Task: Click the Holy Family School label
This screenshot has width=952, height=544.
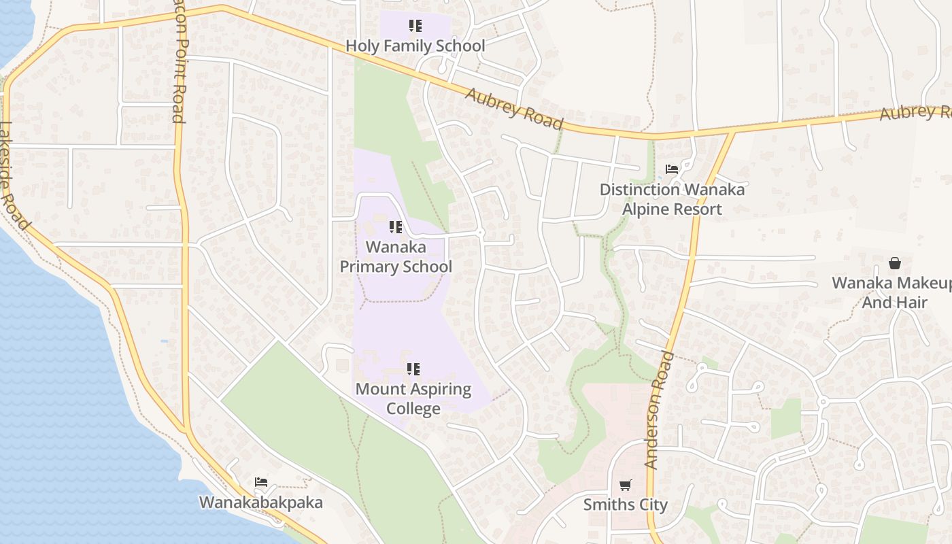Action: tap(415, 46)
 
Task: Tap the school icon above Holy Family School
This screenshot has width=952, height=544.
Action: tap(415, 27)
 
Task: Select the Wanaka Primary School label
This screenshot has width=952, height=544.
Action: tap(396, 256)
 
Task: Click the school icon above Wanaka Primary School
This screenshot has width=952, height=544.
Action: tap(396, 227)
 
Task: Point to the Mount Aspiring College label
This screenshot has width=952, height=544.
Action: tap(413, 398)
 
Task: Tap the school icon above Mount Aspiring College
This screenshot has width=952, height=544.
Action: tap(413, 369)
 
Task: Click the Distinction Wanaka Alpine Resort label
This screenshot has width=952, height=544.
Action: tap(672, 199)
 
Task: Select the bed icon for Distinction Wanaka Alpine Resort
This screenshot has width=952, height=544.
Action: tap(672, 169)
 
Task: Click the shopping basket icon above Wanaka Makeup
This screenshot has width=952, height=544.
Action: tap(895, 263)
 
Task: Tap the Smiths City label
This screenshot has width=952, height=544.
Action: tap(626, 505)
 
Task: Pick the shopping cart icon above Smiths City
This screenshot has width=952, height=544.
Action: tap(626, 485)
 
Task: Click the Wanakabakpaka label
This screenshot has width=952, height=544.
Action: tap(260, 503)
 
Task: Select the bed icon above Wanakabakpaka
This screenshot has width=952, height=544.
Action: tap(261, 482)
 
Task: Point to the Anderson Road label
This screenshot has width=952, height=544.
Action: tap(659, 410)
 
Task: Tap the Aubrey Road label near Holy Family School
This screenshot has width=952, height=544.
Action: tap(515, 108)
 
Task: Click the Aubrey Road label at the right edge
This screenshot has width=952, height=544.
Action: tap(915, 112)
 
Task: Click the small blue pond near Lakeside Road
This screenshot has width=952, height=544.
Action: tap(164, 341)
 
